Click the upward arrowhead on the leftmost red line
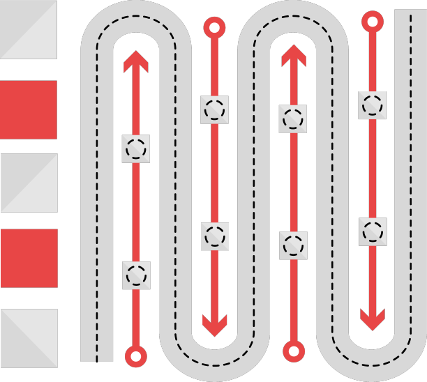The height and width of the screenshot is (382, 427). point(136,61)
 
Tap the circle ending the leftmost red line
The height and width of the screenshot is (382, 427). point(136,356)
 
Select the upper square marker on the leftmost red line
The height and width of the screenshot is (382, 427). point(136,148)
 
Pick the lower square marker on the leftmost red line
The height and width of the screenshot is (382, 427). point(136,275)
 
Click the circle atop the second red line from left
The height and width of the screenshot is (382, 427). point(214,28)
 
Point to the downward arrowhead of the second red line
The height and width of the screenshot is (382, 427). point(214,324)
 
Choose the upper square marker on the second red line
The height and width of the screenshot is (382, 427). point(214,109)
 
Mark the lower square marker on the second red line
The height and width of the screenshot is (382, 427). point(214,236)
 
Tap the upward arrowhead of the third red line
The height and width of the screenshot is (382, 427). point(294,56)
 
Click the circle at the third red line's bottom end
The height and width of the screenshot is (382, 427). point(294,351)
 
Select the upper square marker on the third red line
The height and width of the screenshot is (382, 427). point(293,119)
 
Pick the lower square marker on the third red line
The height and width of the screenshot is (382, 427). point(293,245)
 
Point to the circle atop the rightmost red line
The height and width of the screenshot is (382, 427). point(373,22)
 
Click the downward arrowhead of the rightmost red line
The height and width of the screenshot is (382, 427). point(373,319)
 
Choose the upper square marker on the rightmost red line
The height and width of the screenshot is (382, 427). point(373,105)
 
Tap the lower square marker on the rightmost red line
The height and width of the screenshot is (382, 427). point(373,231)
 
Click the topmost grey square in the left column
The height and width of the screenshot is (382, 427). point(29,30)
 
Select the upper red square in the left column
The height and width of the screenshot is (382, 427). point(29,109)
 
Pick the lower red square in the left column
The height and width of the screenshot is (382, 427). point(29,258)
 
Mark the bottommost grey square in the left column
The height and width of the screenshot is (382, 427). point(29,338)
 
